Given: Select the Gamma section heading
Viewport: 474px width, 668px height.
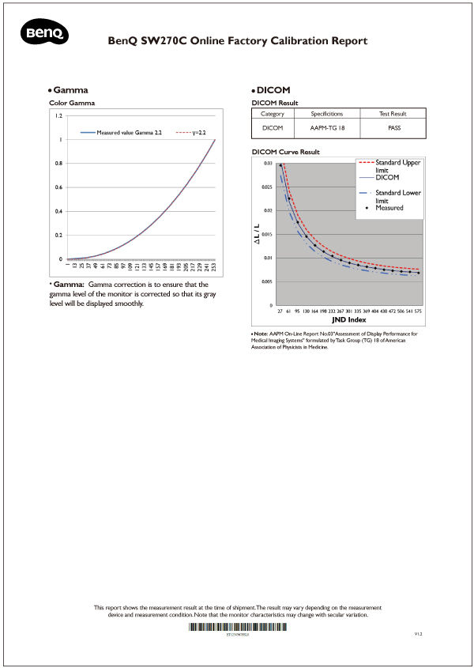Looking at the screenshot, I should (x=70, y=90).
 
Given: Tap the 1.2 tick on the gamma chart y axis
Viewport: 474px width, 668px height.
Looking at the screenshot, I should (x=58, y=116).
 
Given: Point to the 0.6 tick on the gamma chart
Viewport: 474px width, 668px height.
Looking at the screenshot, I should (x=58, y=188).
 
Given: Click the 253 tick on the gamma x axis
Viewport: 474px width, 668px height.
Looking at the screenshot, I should (x=215, y=270).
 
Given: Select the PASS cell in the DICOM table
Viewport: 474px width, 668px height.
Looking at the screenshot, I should (x=393, y=126).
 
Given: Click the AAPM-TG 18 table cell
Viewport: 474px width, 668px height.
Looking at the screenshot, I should (x=326, y=126).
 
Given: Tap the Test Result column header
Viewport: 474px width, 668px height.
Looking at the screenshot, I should (x=393, y=114).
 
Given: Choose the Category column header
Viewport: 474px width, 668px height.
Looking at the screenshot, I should (x=272, y=114).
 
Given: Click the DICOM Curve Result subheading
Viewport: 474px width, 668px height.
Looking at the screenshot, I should (x=285, y=151).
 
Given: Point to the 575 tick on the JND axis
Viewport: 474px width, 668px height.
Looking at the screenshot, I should (x=418, y=312).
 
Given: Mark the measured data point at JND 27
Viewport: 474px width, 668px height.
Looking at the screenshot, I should (x=280, y=165).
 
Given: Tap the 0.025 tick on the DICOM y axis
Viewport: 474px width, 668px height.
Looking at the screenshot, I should (x=268, y=187).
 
